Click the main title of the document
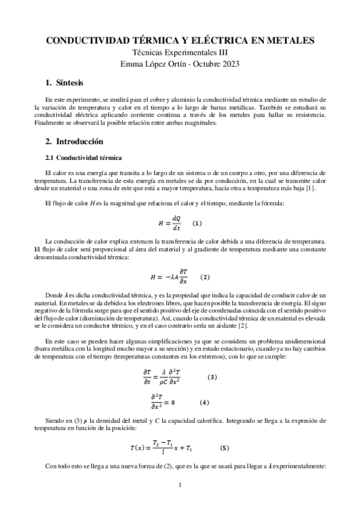pos(180,40)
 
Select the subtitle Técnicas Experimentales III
pos(180,52)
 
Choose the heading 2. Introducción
pos(75,142)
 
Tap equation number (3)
pos(212,377)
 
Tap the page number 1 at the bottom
pos(180,484)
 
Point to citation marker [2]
pos(225,325)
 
